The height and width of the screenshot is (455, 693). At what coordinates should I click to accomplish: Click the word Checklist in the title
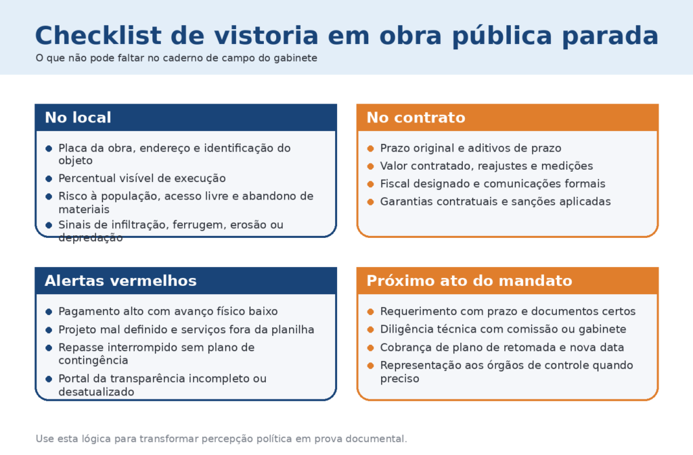(x=98, y=35)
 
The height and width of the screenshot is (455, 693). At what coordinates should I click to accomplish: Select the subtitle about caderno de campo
(x=177, y=58)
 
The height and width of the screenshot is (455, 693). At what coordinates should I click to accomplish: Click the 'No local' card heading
(x=78, y=118)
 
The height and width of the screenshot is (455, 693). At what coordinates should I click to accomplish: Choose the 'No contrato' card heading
(x=416, y=118)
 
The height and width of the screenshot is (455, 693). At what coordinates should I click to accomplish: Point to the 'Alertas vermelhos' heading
(x=120, y=281)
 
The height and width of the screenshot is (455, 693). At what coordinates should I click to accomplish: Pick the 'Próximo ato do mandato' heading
(x=470, y=281)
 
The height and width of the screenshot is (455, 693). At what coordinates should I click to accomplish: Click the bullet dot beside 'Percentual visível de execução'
(x=49, y=178)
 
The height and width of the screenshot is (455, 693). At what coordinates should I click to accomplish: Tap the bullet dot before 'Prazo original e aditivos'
(x=371, y=149)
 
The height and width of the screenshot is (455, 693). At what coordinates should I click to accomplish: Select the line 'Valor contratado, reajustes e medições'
(x=487, y=166)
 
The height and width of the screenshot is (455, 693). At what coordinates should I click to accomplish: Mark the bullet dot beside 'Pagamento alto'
(x=49, y=312)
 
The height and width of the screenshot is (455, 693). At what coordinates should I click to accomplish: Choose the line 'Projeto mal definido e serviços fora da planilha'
(x=186, y=330)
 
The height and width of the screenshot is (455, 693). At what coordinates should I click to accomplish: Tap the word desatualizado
(x=96, y=392)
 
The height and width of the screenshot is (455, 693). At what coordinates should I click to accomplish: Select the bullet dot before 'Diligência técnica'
(x=371, y=330)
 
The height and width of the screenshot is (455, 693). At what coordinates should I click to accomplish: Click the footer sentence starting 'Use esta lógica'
(x=221, y=439)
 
